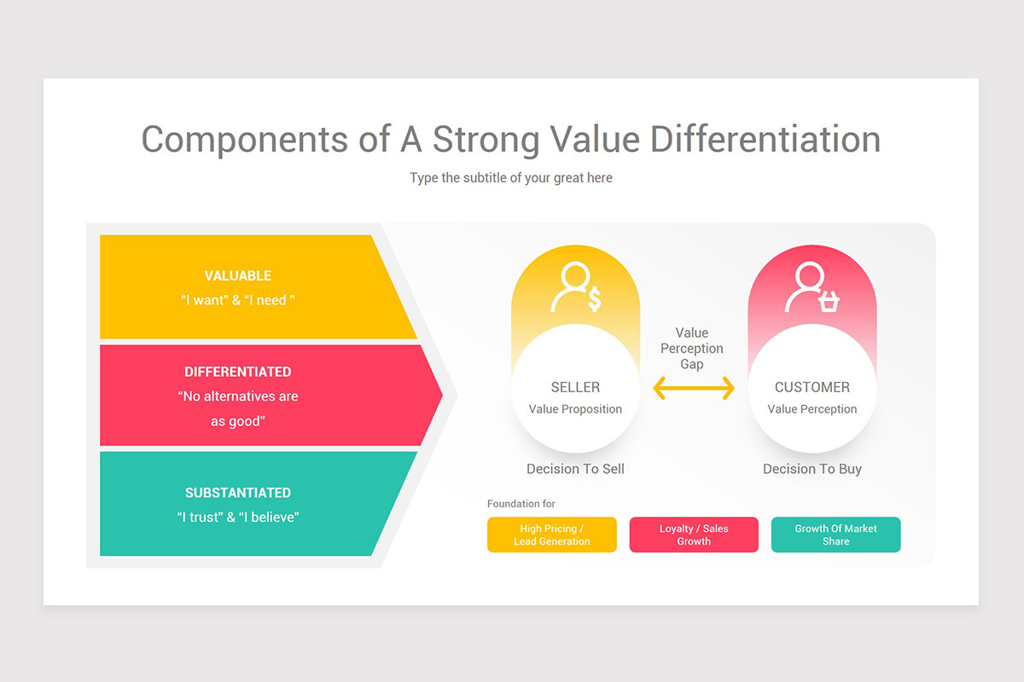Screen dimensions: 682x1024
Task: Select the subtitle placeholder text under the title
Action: [x=511, y=177]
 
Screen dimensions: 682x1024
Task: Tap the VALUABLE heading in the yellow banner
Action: [x=238, y=275]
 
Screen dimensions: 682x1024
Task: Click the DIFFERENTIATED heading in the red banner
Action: [x=238, y=372]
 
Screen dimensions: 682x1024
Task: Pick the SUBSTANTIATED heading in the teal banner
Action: [x=238, y=493]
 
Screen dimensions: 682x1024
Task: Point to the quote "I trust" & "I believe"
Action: [x=238, y=517]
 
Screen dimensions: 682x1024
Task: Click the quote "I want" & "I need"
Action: [x=238, y=300]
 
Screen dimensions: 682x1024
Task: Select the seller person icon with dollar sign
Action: [x=576, y=288]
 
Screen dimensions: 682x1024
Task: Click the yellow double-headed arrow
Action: [x=693, y=389]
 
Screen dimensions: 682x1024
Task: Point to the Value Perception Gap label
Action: [x=692, y=349]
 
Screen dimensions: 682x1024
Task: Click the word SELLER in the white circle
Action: [x=575, y=387]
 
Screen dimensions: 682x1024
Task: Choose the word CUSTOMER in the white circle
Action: [x=812, y=387]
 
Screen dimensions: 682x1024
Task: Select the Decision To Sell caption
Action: [x=575, y=469]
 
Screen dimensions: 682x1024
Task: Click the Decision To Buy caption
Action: [x=812, y=469]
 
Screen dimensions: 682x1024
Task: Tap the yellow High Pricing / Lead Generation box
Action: [x=552, y=535]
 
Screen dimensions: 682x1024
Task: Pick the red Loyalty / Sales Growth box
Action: [x=694, y=535]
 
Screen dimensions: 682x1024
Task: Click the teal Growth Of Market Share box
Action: [x=835, y=535]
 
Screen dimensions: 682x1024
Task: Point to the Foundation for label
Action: [x=521, y=504]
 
